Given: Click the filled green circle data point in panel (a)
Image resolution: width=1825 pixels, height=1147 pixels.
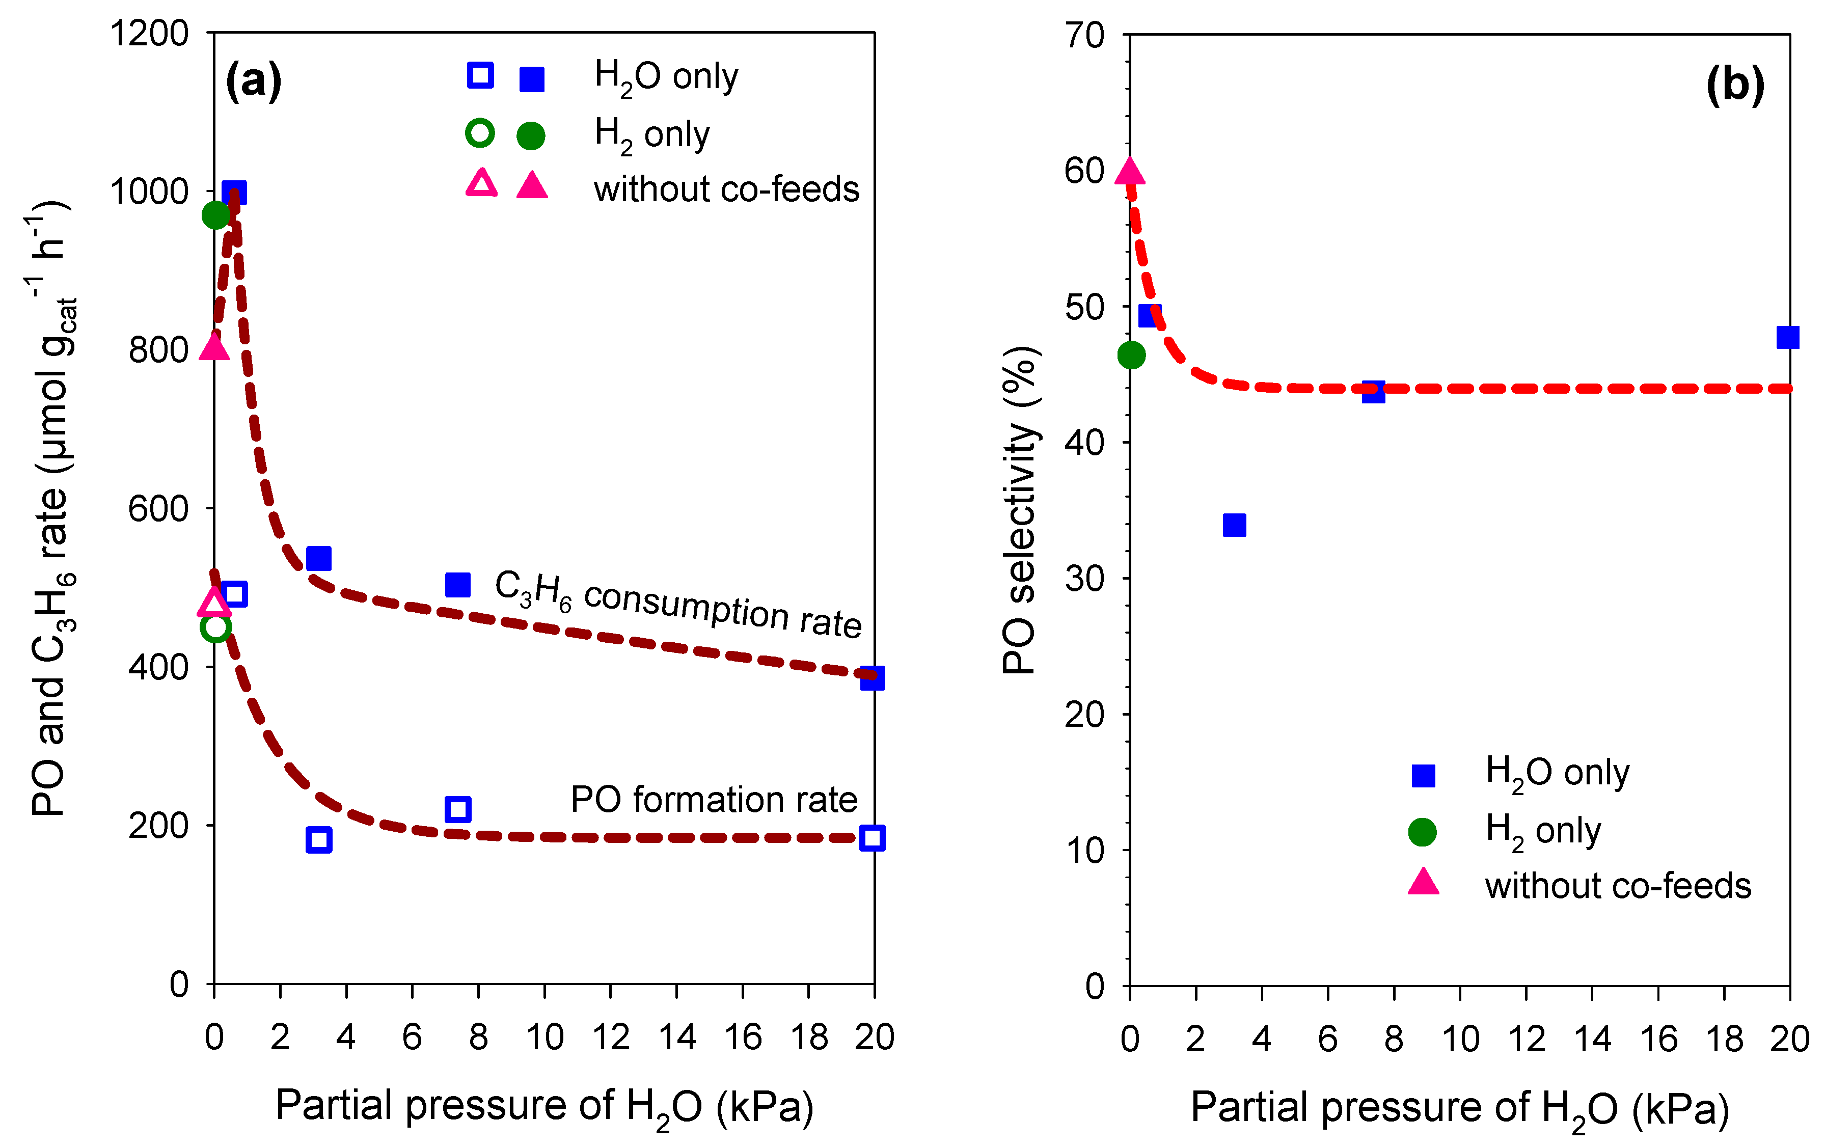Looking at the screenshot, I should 216,215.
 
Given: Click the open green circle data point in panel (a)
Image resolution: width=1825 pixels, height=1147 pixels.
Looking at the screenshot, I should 215,627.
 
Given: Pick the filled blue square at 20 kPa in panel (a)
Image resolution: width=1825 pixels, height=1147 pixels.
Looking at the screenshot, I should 873,678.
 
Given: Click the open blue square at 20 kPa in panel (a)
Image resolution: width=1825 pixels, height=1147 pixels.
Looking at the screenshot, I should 873,838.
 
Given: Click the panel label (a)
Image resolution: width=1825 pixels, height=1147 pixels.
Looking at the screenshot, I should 253,80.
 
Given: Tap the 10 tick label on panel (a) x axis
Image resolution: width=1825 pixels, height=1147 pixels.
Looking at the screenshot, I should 544,1036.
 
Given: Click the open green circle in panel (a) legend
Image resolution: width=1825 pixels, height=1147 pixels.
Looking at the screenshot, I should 480,133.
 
